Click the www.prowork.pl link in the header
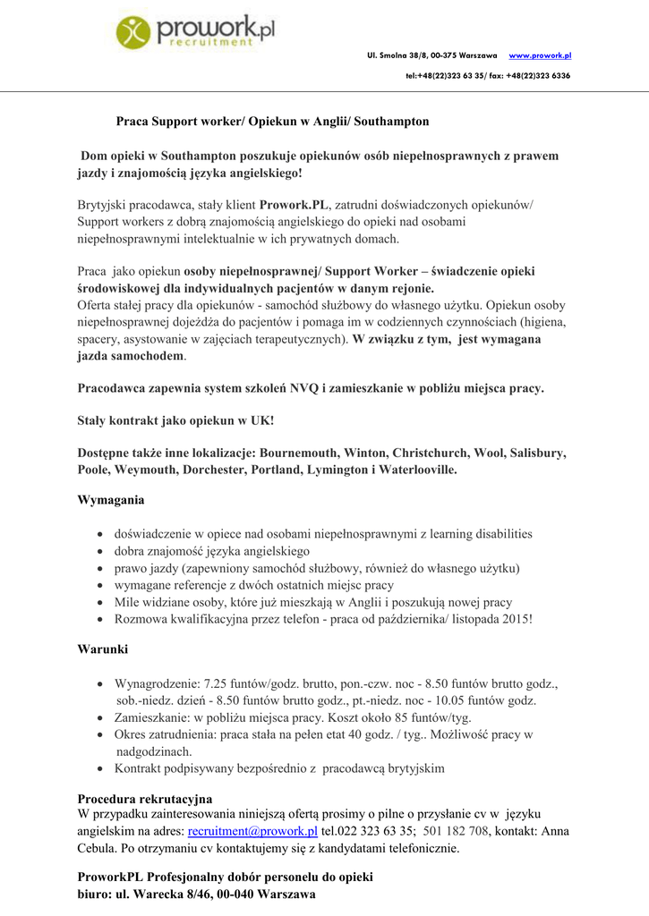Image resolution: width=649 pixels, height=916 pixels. click(x=540, y=55)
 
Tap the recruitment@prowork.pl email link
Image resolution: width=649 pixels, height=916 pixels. click(x=252, y=831)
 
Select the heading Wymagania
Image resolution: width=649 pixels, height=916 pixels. click(x=111, y=500)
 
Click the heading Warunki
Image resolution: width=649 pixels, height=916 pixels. click(x=103, y=649)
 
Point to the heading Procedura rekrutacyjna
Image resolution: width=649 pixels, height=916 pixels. click(x=145, y=798)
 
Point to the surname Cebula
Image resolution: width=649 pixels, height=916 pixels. click(x=98, y=848)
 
